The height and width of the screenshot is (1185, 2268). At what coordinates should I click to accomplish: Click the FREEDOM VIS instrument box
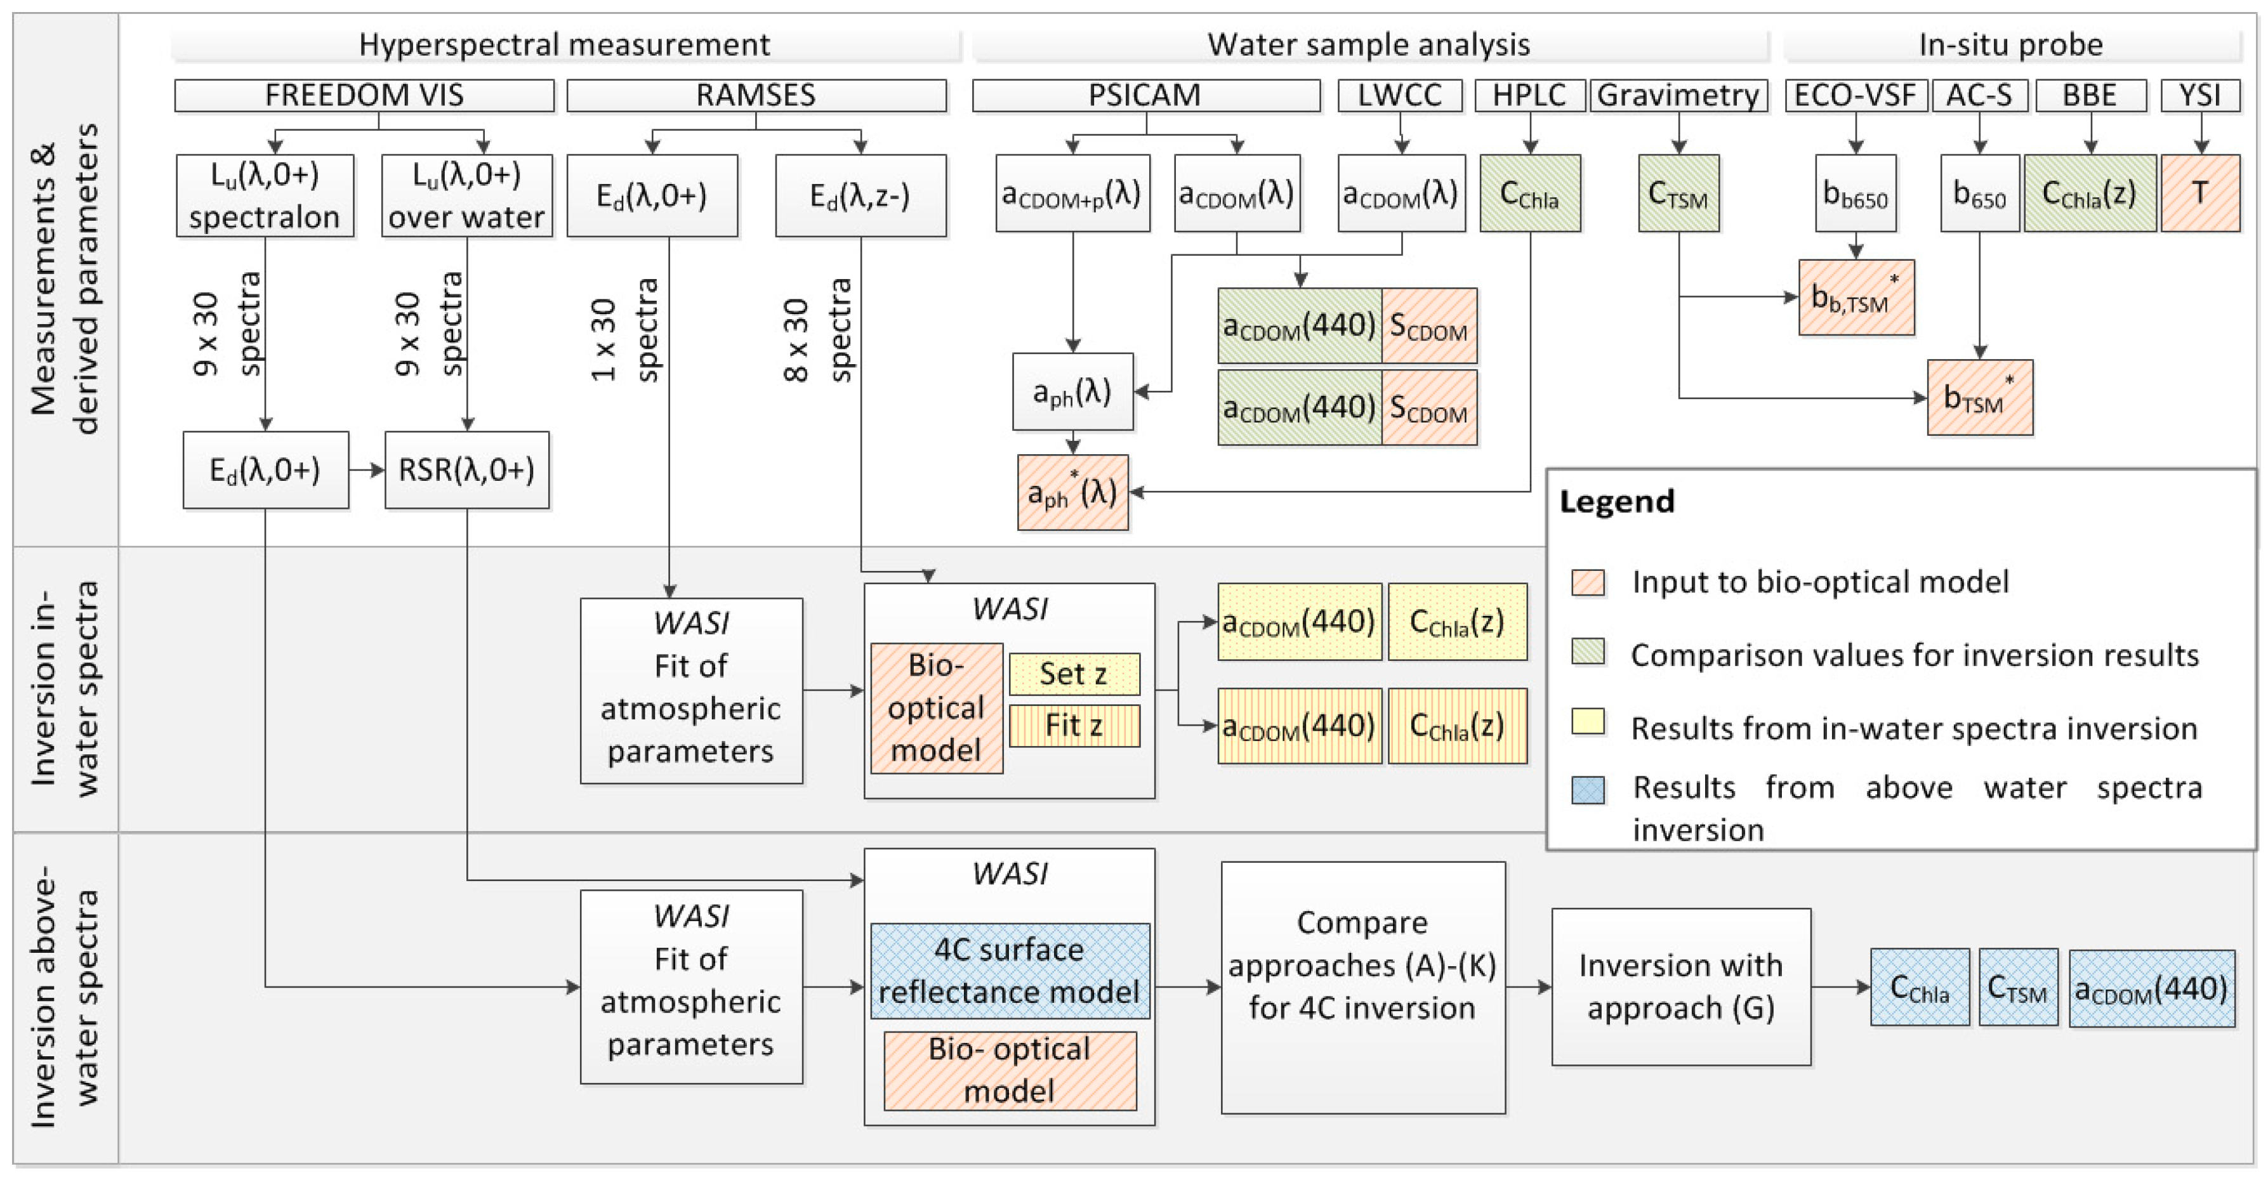[x=364, y=95]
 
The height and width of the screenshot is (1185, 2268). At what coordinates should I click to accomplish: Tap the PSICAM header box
[x=1145, y=95]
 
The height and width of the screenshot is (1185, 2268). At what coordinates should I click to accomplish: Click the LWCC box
[x=1399, y=95]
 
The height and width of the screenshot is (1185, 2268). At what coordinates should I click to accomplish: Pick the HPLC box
[x=1529, y=95]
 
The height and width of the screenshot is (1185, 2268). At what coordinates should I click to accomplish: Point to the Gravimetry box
[x=1678, y=95]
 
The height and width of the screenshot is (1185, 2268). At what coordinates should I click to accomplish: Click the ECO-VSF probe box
[x=1855, y=95]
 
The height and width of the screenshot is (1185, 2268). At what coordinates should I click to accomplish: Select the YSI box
[x=2199, y=95]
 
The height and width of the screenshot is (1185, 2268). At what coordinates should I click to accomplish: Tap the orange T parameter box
[x=2199, y=193]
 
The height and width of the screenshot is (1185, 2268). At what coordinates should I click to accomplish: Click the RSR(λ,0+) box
[x=466, y=470]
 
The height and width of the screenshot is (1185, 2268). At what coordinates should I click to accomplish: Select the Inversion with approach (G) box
[x=1680, y=987]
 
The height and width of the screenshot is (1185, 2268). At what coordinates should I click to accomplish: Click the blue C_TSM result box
[x=2017, y=987]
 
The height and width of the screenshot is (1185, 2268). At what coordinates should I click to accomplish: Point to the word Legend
[x=1616, y=502]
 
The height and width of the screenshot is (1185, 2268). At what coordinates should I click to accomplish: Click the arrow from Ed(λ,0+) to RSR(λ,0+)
[x=366, y=470]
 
